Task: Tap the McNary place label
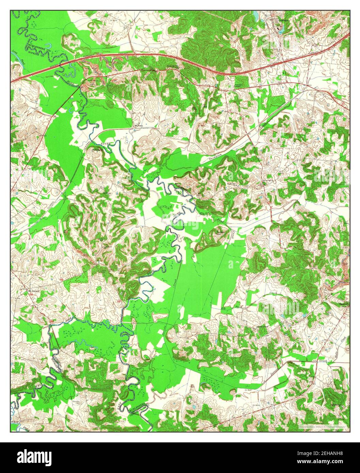tap(138, 125)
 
